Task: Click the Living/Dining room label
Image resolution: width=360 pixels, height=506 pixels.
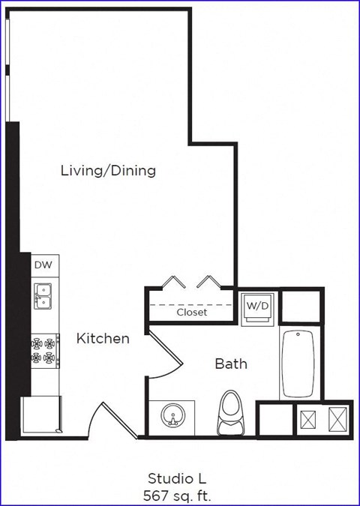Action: pyautogui.click(x=108, y=171)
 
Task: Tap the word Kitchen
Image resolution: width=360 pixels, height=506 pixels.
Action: pyautogui.click(x=103, y=339)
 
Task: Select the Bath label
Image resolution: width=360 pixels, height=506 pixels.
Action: pyautogui.click(x=231, y=364)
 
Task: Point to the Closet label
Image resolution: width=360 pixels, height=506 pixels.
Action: pyautogui.click(x=192, y=313)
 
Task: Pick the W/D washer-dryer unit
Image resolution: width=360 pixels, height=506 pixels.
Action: pyautogui.click(x=257, y=306)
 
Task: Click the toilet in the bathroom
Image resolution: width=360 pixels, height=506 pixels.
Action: pyautogui.click(x=232, y=415)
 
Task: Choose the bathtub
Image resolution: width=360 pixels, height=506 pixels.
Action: pyautogui.click(x=298, y=364)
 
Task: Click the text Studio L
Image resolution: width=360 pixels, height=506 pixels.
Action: pyautogui.click(x=176, y=478)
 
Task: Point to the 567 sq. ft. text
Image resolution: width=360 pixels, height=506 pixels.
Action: pyautogui.click(x=177, y=494)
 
